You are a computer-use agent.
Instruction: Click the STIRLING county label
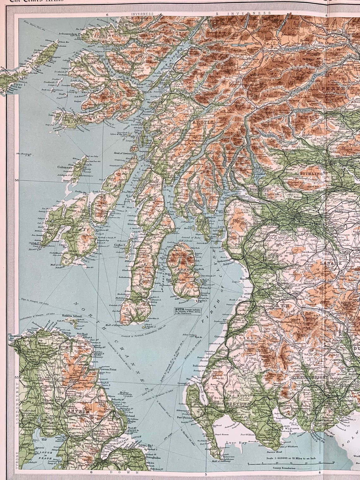311,174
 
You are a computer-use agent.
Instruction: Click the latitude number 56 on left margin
17,181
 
